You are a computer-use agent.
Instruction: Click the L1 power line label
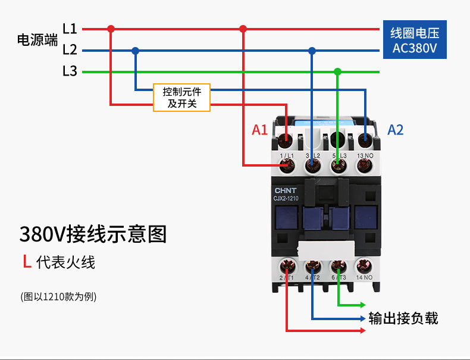[x=70, y=29]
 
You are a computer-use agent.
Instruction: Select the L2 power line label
[x=70, y=50]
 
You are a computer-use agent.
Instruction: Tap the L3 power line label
[x=70, y=71]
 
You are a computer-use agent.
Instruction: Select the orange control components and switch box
[x=181, y=98]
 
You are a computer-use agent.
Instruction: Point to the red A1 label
[x=259, y=130]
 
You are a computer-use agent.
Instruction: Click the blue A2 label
[x=396, y=130]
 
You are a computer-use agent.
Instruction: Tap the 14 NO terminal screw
[x=364, y=266]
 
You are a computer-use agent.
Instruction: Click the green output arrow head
[x=362, y=305]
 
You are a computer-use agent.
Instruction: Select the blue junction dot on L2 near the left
[x=136, y=51]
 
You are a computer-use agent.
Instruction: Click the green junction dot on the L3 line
[x=338, y=72]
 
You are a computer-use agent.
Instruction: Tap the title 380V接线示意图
[x=93, y=234]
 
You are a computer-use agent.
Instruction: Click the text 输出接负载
[x=403, y=318]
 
